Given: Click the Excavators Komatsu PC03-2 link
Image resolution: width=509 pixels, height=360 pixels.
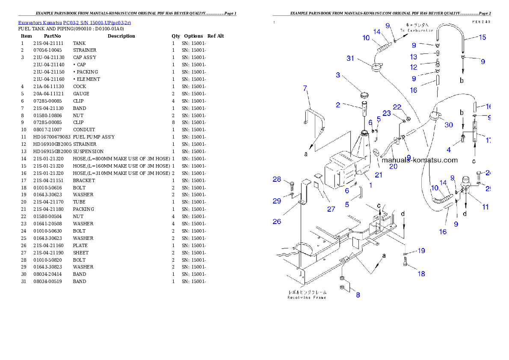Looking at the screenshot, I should (x=74, y=22).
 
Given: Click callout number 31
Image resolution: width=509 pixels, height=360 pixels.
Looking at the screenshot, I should (x=350, y=58).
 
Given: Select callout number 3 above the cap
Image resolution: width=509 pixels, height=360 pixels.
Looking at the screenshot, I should (x=338, y=75).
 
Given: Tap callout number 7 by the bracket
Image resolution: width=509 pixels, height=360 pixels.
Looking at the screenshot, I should (x=305, y=89).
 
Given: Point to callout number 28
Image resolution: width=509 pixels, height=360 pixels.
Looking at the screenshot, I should (x=277, y=179).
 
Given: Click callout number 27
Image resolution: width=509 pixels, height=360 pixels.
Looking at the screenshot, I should (x=331, y=209).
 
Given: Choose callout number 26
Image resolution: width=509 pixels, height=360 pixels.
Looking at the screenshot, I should (x=277, y=221).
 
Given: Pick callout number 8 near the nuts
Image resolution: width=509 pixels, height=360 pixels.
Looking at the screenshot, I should (x=358, y=295).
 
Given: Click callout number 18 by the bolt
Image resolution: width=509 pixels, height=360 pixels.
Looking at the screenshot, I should (x=421, y=274).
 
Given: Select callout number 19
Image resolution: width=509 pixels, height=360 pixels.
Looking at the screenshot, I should (x=421, y=251).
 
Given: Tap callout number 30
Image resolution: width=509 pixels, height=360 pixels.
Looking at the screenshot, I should (x=448, y=125).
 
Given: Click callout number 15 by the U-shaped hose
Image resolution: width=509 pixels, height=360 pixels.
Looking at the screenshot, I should (x=482, y=37).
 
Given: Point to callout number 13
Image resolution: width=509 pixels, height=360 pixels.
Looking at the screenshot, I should (x=413, y=57).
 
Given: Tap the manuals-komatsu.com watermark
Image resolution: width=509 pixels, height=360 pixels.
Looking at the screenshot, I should (x=420, y=160).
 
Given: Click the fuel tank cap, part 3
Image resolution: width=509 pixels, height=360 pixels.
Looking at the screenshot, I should (x=364, y=94).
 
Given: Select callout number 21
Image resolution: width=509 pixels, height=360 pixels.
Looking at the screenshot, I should (x=379, y=174).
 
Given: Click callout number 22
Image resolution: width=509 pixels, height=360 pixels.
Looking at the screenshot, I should (x=397, y=107).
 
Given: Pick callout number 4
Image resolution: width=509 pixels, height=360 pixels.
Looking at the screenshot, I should (x=449, y=150).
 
